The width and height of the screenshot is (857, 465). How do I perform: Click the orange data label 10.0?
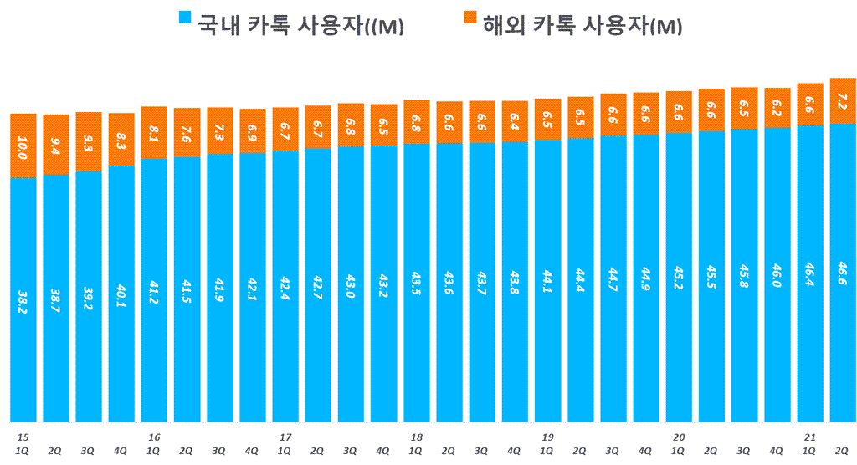[x=23, y=145]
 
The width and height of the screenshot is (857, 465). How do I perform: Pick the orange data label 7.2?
[x=843, y=100]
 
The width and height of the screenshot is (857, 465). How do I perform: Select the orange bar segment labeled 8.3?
[x=121, y=139]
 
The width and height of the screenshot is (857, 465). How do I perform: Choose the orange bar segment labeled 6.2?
[x=777, y=108]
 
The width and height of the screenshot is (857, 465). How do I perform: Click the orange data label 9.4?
[x=56, y=145]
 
